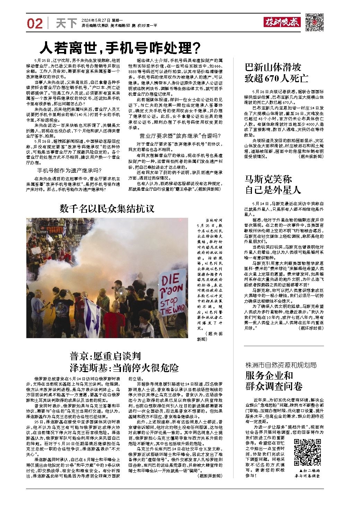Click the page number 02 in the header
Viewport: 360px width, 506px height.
point(35,24)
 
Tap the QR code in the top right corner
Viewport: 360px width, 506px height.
point(314,22)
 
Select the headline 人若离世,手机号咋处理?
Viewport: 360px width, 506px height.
point(120,48)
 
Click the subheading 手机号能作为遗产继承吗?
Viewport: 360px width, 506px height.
point(69,170)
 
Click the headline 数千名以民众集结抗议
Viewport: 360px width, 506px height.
point(107,209)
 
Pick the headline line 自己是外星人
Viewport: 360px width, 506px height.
point(273,190)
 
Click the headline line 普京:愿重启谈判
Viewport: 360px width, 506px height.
point(105,356)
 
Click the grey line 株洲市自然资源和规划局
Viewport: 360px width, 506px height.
point(281,365)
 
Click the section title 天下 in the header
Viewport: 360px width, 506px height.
point(66,24)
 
